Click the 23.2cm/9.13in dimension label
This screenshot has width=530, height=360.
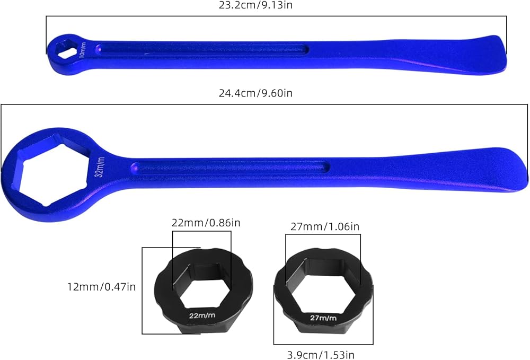tap(255, 5)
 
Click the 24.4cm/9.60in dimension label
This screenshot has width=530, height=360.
tap(255, 93)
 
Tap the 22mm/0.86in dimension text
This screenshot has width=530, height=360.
tap(206, 223)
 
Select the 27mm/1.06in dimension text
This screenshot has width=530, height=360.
tap(325, 226)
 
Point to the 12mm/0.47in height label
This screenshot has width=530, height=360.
tap(101, 287)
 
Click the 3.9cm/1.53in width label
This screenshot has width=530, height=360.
tap(321, 355)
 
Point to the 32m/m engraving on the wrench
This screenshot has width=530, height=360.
tap(100, 167)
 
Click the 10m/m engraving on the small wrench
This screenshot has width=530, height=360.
tap(83, 50)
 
